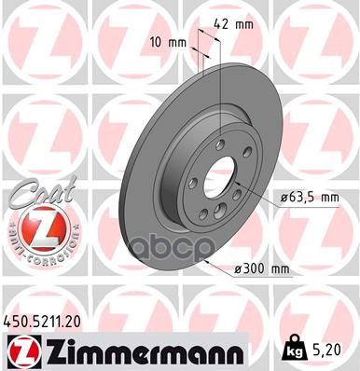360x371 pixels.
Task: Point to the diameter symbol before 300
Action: (x=237, y=269)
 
